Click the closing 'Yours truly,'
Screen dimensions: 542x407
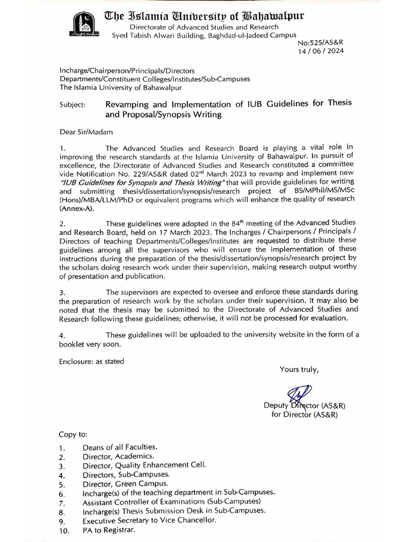[299, 369]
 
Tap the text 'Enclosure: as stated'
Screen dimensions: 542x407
[91, 361]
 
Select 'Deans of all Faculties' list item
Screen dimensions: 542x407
[119, 447]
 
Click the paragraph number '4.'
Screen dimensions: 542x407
[62, 335]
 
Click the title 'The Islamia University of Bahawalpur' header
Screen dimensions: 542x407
[213, 16]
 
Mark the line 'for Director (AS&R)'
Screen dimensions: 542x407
[304, 414]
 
